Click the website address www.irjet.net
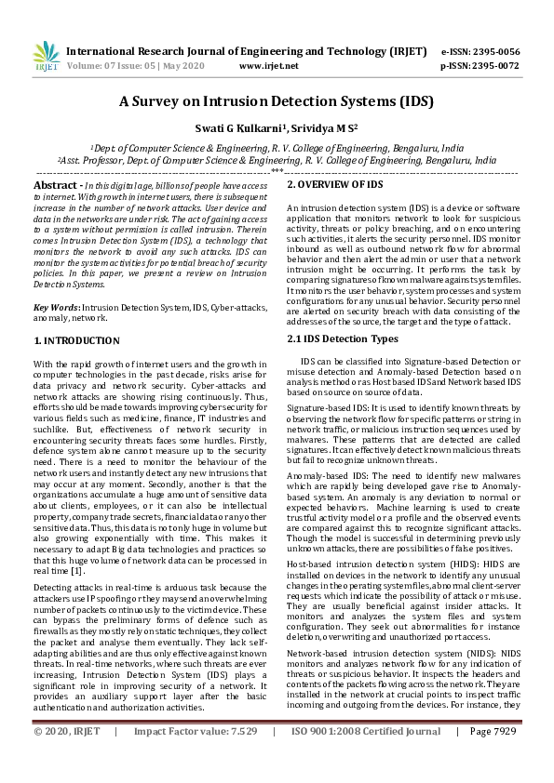pyautogui.click(x=269, y=67)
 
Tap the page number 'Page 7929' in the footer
pyautogui.click(x=493, y=758)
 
